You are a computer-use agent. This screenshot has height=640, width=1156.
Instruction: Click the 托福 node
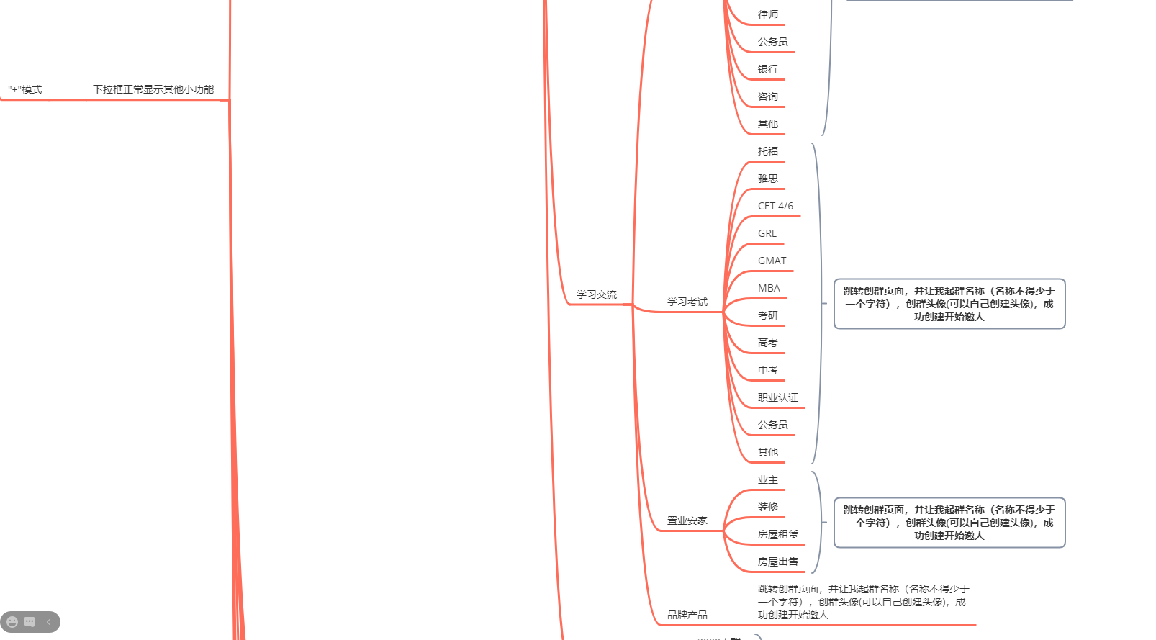coord(767,151)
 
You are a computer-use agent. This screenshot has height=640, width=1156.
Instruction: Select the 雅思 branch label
coord(767,179)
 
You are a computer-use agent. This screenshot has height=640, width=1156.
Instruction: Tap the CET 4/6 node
coord(775,206)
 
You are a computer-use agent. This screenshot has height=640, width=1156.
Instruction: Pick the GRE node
coord(767,233)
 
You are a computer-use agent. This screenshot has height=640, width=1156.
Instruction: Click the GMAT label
coord(772,261)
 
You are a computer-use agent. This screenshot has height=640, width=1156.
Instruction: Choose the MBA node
coord(769,288)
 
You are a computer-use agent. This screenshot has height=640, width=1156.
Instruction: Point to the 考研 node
coord(767,315)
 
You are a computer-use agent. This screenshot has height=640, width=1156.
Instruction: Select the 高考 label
coord(767,343)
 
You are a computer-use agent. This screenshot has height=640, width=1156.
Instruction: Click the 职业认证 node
coord(777,397)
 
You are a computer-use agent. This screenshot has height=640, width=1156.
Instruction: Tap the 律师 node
coord(767,14)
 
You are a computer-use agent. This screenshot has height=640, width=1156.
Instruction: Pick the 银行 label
coord(767,69)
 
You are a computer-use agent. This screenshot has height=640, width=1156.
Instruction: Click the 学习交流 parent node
coord(596,294)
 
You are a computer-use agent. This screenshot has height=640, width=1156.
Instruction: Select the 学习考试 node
coord(687,302)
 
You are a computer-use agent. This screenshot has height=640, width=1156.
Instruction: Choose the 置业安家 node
coord(687,520)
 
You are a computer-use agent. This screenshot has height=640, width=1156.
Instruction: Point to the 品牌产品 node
coord(687,615)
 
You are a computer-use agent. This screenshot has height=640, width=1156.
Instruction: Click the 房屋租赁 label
coord(777,534)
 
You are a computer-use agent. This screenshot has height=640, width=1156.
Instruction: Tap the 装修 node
coord(767,507)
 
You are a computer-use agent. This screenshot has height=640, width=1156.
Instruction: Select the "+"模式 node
coord(25,89)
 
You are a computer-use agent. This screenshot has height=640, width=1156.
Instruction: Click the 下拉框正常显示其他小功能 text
coord(153,89)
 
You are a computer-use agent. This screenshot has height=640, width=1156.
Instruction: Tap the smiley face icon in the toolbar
coord(12,622)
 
